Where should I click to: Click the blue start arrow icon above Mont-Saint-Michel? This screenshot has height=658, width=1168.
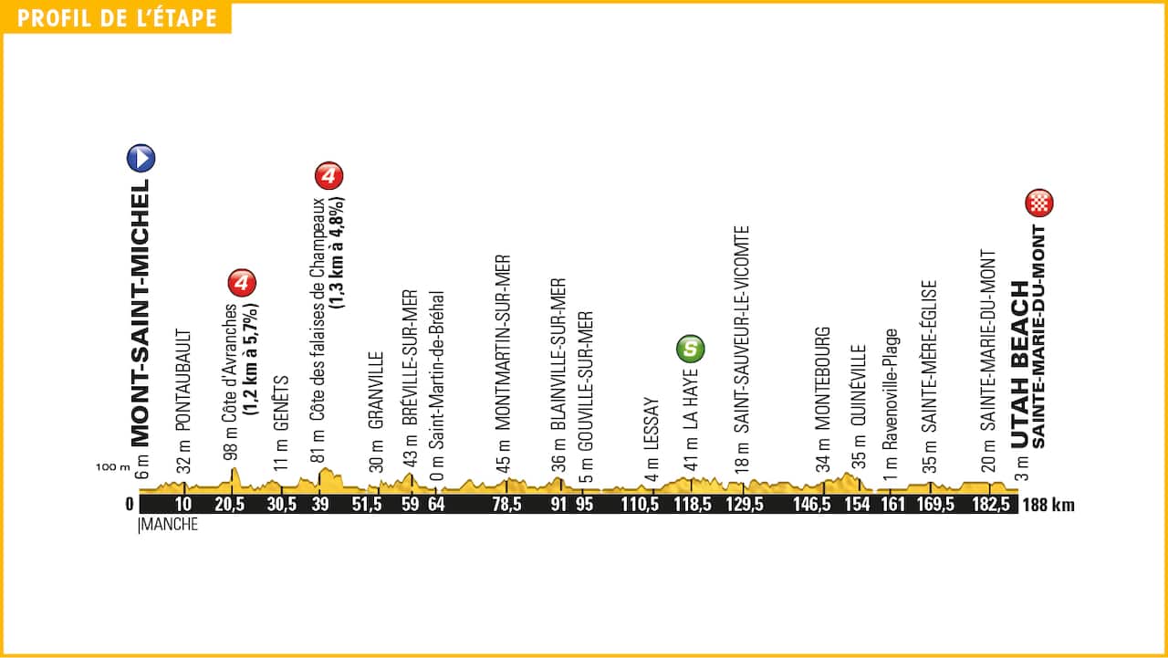point(141,158)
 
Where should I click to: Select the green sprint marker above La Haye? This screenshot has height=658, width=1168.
point(691,348)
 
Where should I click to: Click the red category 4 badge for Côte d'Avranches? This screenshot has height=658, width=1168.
point(242,284)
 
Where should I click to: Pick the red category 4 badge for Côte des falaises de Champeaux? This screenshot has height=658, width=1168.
point(328,175)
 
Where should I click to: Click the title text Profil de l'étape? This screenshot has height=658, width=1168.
point(117,18)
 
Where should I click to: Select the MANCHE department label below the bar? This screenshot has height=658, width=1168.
point(170,525)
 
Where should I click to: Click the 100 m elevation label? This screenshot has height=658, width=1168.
point(112,467)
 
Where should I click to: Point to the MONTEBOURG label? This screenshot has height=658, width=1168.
point(823,379)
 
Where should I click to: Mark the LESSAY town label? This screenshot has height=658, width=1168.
point(651,425)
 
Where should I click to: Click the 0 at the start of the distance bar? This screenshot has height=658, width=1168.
point(130,505)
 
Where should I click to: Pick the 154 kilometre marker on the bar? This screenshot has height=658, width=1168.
point(858,505)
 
